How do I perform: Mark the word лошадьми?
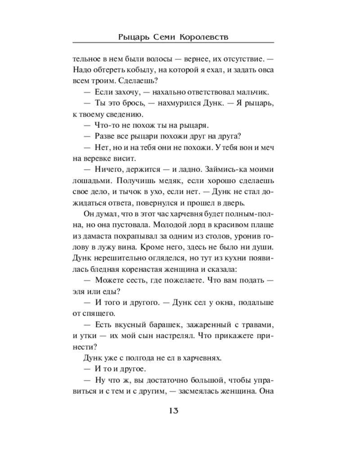tap(89, 180)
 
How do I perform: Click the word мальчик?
tap(252, 92)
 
